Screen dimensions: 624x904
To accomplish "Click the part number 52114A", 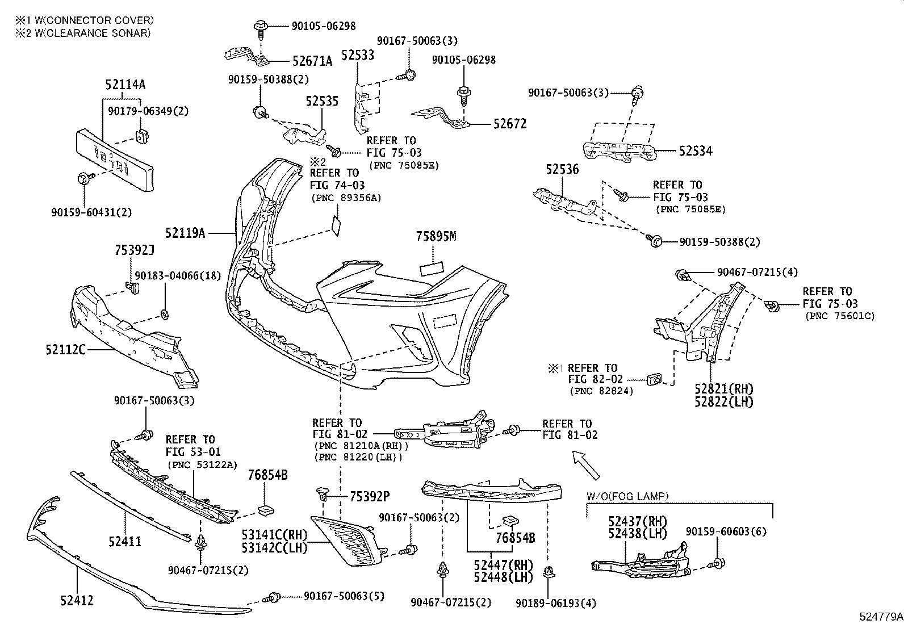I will click(x=125, y=85).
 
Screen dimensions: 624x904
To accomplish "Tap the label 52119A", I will click(x=185, y=233).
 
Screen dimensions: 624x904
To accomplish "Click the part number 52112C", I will click(x=65, y=350).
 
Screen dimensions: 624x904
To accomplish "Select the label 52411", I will click(x=124, y=542).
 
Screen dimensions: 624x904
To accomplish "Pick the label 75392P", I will click(x=369, y=497).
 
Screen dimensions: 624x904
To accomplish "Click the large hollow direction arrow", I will click(x=586, y=463).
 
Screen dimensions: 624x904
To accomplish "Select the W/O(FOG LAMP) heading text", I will click(x=627, y=496).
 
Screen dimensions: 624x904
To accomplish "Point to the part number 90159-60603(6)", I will click(x=726, y=532).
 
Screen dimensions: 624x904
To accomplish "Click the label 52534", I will click(x=696, y=151).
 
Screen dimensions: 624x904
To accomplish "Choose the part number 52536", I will click(x=562, y=170).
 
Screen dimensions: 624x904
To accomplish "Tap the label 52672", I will click(x=509, y=124).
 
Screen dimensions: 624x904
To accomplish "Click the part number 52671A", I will click(x=312, y=61).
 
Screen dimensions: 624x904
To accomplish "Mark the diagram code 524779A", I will click(x=880, y=617).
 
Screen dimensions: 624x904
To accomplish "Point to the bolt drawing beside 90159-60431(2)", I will click(x=83, y=179).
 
